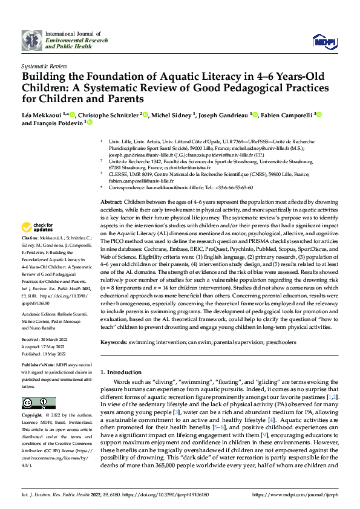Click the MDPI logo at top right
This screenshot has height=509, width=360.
pos(323,40)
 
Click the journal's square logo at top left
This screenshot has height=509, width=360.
pos(31,40)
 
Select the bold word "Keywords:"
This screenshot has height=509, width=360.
pos(114,342)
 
